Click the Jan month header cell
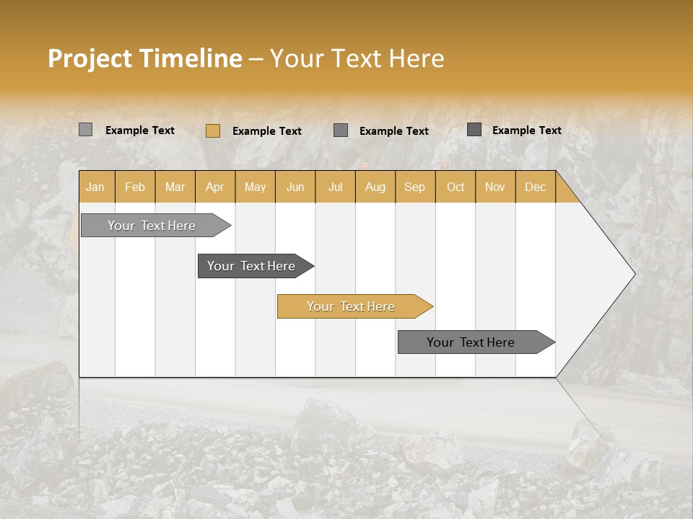coord(95,187)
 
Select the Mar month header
coord(175,187)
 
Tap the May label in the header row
coord(255,187)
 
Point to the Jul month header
coord(335,187)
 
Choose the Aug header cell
coord(375,187)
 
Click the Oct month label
coord(456,187)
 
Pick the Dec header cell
coord(535,187)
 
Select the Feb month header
coord(135,187)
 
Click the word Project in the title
coord(90,58)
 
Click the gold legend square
coord(212,130)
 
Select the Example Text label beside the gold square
coord(266,130)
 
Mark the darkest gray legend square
coord(474,130)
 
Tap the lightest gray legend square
coord(85,130)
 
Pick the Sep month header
coord(414,187)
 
